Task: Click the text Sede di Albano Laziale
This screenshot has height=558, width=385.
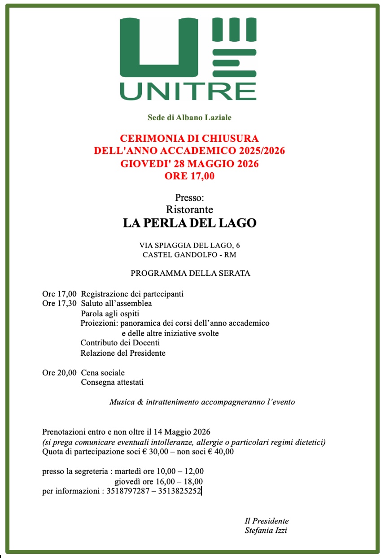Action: pyautogui.click(x=189, y=118)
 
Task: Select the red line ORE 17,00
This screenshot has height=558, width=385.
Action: pyautogui.click(x=189, y=176)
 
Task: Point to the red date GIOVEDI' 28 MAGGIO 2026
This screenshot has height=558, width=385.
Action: pyautogui.click(x=189, y=164)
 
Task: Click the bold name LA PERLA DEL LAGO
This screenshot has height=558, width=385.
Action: pyautogui.click(x=189, y=223)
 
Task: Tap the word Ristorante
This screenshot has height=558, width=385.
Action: pyautogui.click(x=189, y=209)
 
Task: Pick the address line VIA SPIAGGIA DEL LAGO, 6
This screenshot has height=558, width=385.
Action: pyautogui.click(x=189, y=245)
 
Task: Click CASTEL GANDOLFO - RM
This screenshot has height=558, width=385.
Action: pyautogui.click(x=189, y=255)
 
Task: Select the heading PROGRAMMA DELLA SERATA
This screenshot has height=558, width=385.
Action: pyautogui.click(x=190, y=273)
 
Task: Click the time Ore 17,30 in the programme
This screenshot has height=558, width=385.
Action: pyautogui.click(x=59, y=304)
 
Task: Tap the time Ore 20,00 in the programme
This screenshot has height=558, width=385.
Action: pyautogui.click(x=59, y=373)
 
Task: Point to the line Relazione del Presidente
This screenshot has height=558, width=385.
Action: pyautogui.click(x=123, y=353)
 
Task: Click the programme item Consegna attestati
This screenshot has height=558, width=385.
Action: pyautogui.click(x=112, y=383)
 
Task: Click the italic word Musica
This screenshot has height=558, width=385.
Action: pyautogui.click(x=121, y=402)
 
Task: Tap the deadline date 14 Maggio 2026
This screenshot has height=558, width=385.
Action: pyautogui.click(x=182, y=432)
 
